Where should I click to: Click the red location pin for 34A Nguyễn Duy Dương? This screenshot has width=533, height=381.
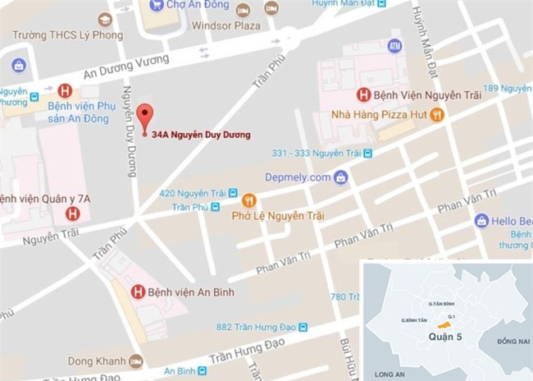145,116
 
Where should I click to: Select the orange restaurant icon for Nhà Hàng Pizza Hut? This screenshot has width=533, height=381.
437,116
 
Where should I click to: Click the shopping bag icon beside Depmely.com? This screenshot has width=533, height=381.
341,177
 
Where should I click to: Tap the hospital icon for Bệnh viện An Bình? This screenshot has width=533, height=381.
138,291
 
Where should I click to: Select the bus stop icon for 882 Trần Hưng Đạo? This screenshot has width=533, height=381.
304,327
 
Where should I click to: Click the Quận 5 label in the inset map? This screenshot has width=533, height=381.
446,335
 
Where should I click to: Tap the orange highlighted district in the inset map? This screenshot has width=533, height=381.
445,323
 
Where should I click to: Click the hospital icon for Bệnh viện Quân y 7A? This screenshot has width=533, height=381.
72,214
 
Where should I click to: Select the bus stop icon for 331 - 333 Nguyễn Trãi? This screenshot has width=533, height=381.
369,153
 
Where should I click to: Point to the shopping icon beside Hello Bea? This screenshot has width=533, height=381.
481,220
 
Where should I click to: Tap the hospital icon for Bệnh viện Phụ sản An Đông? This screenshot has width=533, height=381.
66,90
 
